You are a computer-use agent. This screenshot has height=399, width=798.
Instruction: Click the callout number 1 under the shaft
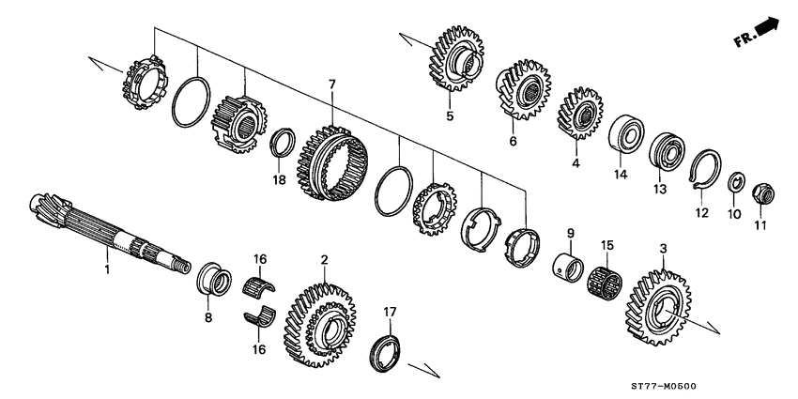pos(107,269)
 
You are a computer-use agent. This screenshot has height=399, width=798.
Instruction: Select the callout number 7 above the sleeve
pos(331,85)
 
